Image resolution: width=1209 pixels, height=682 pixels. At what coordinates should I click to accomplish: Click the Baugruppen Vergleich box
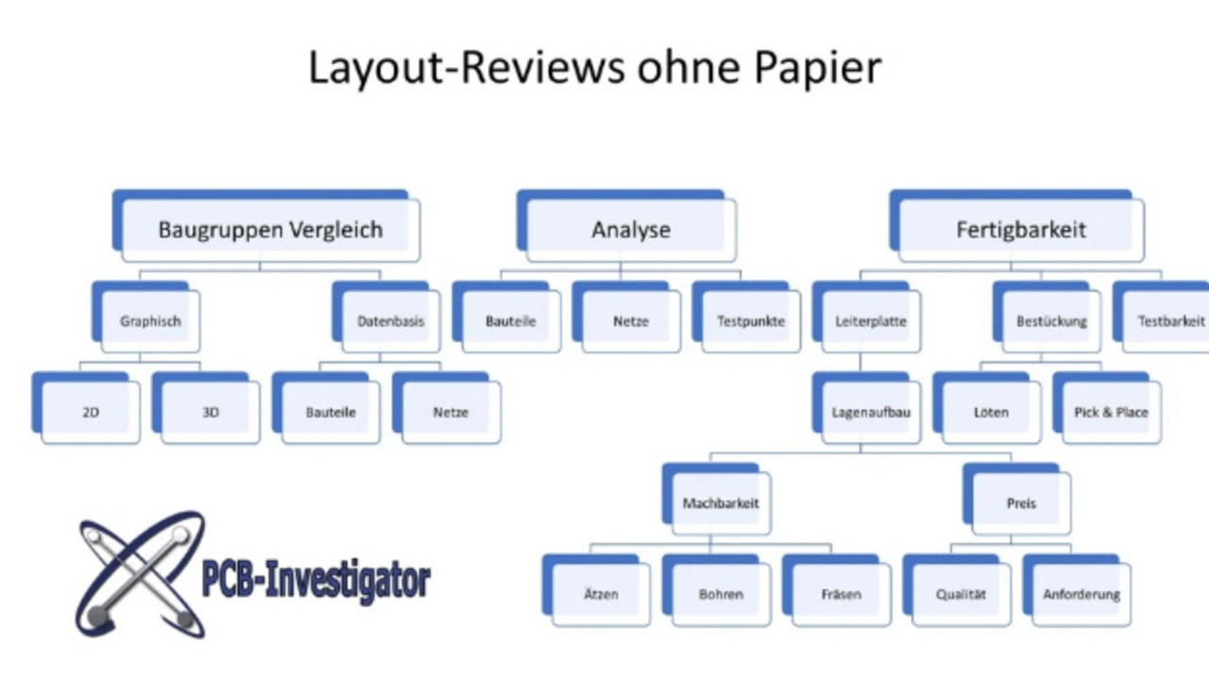click(270, 230)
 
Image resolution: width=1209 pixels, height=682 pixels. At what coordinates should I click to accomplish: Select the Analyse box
click(631, 230)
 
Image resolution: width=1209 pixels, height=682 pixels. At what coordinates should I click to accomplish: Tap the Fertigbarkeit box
click(1021, 230)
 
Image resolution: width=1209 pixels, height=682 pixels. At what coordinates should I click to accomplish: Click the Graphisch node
click(150, 321)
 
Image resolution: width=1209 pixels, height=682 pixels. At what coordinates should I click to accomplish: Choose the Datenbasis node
click(390, 321)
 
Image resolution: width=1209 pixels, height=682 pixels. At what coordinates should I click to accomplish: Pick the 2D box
click(91, 413)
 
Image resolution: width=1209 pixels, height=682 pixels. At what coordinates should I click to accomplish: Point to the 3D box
click(211, 413)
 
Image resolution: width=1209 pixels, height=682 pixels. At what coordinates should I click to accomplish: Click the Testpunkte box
click(751, 321)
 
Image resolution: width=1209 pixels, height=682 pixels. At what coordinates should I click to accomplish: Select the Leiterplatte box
click(871, 321)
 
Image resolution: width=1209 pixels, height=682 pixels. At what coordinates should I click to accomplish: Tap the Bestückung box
click(1051, 321)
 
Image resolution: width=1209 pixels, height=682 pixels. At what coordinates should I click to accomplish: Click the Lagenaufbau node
click(871, 413)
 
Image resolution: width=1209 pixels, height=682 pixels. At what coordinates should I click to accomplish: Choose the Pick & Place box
click(1111, 413)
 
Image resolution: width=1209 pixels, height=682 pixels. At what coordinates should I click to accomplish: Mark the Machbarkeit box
click(721, 503)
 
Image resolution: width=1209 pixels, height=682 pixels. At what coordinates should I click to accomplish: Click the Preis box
click(1021, 503)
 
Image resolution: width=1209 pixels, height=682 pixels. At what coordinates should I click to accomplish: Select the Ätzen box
click(601, 595)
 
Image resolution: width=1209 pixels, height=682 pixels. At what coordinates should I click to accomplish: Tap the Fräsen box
click(841, 595)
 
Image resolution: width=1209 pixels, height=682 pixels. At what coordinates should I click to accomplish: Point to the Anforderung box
click(1081, 595)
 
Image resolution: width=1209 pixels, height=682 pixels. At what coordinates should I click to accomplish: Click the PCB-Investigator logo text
click(315, 578)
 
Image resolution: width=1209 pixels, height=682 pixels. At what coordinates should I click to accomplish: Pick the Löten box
click(991, 413)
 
